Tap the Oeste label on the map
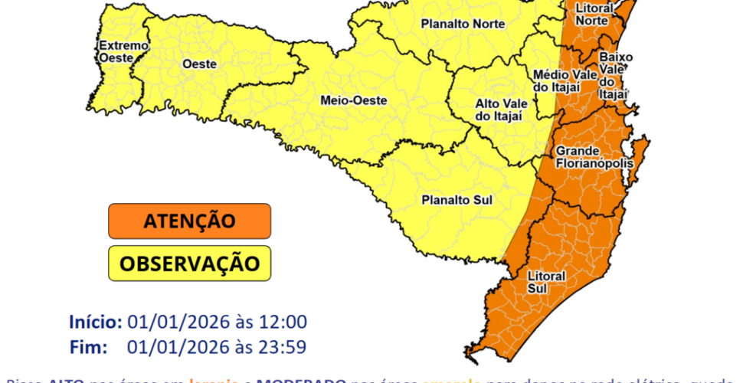click(x=199, y=65)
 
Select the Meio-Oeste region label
click(x=353, y=100)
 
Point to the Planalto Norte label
click(x=463, y=24)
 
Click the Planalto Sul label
click(x=457, y=201)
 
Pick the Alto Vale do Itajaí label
click(x=499, y=110)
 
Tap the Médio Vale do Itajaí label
click(x=555, y=81)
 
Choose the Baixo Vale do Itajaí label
click(x=615, y=75)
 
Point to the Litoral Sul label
click(x=547, y=281)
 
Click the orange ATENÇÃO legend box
click(x=189, y=221)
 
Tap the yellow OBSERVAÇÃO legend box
click(x=189, y=264)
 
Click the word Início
click(x=95, y=321)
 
